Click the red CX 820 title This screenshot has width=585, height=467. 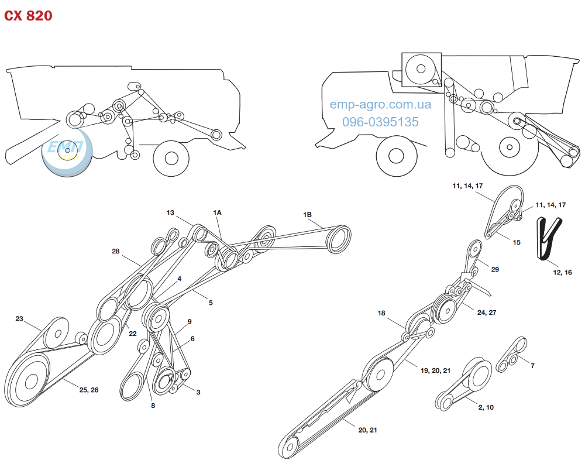coord(29,16)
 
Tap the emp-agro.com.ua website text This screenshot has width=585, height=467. coord(380,105)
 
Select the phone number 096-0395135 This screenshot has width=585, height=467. coord(380,122)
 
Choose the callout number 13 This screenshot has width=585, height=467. coord(170,212)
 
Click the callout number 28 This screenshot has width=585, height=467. coord(116,251)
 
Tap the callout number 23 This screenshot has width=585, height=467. coord(19,319)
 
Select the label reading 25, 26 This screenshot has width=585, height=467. coord(89,389)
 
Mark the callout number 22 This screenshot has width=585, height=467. coord(133,334)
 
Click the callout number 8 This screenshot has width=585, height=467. coord(153,405)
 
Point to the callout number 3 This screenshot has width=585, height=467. coord(198,392)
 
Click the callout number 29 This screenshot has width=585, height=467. coord(495,270)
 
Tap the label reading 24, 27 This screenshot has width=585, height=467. coord(488,313)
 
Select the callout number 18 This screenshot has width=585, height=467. coord(381,313)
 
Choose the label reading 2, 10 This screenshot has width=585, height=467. coord(486,407)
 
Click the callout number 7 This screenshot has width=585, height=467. coord(532,366)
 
